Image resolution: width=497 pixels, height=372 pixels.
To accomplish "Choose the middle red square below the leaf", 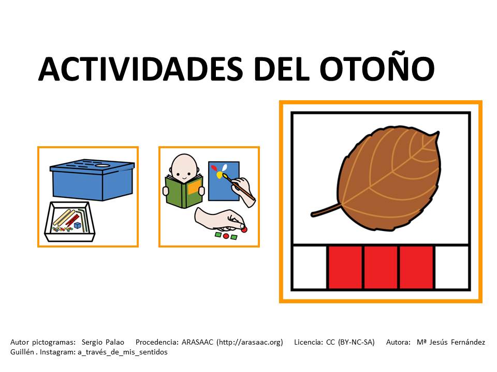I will (381, 267).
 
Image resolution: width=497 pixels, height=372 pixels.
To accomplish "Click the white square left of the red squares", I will (310, 267).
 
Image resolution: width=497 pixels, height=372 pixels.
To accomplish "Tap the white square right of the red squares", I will (452, 267).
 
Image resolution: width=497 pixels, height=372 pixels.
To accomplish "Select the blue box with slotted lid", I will (92, 179).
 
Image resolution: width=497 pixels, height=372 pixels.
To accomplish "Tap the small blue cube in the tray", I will (78, 225).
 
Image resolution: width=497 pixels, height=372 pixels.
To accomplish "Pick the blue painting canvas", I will (223, 181).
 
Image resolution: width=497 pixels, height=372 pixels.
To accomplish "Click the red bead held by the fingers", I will (244, 229).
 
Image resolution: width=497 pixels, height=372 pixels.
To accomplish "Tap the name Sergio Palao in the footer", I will (103, 342).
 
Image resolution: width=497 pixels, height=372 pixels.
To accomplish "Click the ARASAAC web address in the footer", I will (250, 342).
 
